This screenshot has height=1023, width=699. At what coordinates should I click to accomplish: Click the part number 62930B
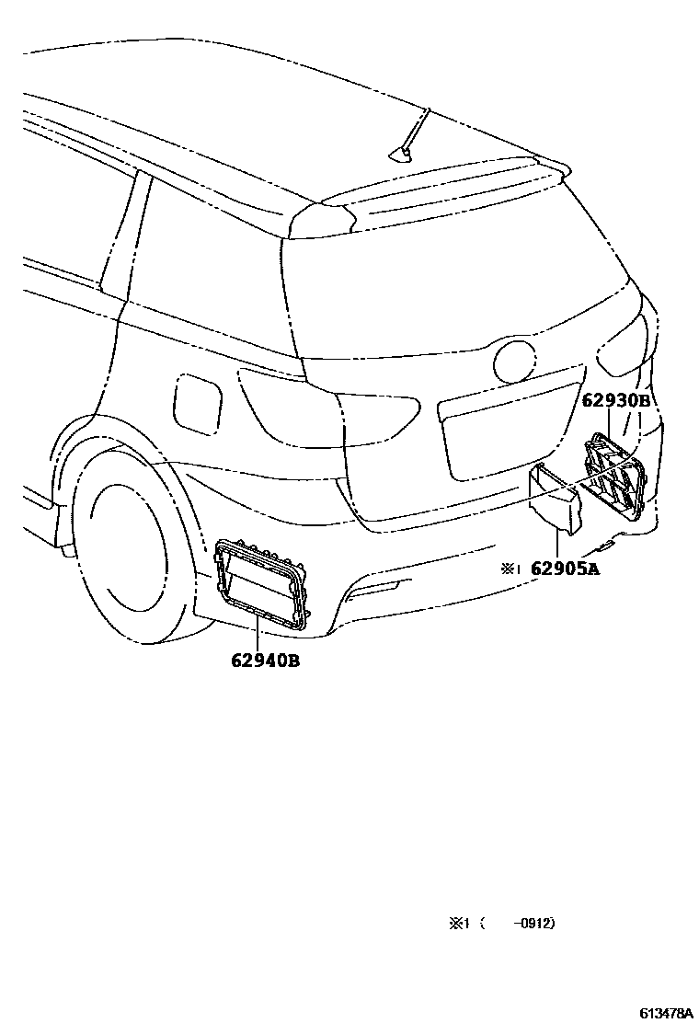[x=616, y=401]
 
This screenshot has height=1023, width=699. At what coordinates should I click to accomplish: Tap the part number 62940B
[x=258, y=660]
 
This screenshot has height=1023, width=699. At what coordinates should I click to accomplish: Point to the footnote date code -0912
[x=535, y=924]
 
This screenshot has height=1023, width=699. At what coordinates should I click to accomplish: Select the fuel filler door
[x=197, y=401]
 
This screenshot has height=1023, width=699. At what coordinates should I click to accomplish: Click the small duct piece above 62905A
[x=556, y=498]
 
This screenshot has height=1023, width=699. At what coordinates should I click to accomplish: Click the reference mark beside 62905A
[x=510, y=569]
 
